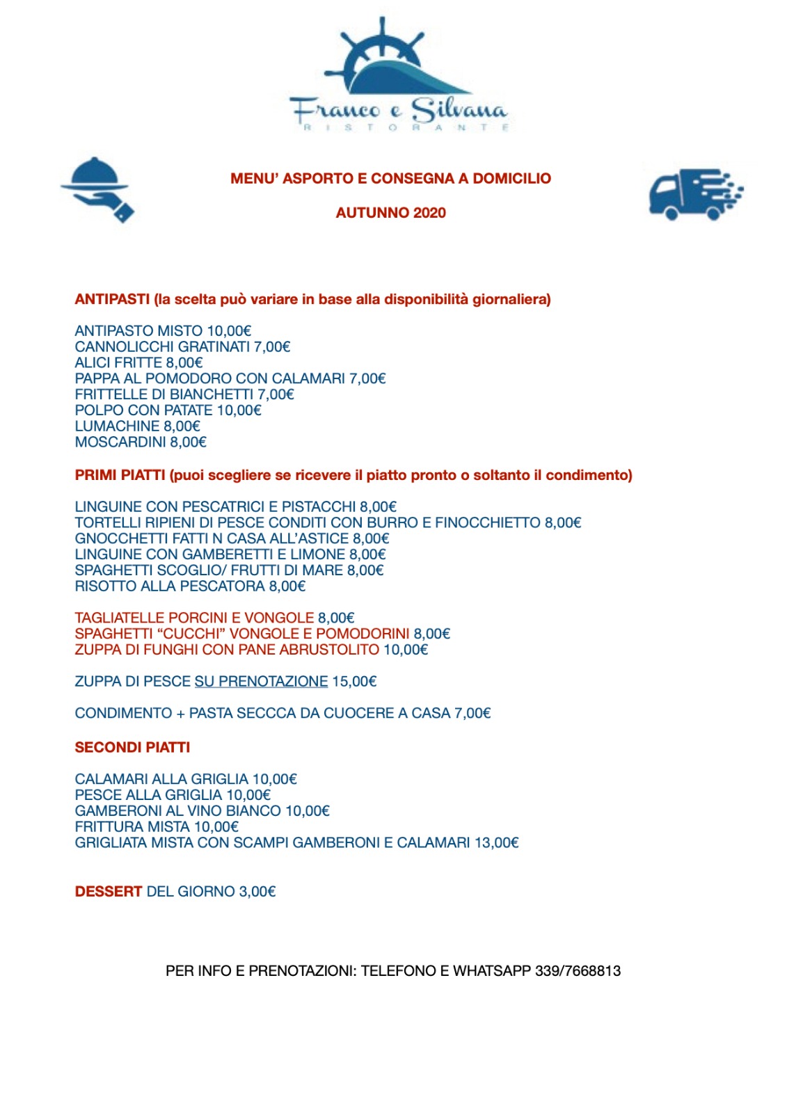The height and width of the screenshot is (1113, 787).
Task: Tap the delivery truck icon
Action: tap(694, 194)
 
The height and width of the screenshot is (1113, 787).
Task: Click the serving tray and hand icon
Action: tap(97, 189)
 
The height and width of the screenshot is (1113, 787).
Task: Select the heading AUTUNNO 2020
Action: tap(390, 213)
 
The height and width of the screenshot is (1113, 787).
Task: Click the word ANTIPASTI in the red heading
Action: tap(112, 299)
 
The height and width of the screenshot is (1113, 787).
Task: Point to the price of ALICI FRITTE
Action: tap(184, 362)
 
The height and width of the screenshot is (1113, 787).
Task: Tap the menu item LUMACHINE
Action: tap(117, 426)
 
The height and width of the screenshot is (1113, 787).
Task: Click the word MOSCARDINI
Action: tap(120, 442)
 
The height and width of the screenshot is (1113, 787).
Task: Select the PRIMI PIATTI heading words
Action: tap(120, 475)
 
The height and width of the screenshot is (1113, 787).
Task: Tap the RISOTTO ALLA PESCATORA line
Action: tap(190, 586)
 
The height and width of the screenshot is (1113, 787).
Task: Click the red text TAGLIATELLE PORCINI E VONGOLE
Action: tap(194, 618)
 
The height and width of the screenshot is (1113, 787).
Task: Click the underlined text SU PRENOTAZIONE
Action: tap(261, 681)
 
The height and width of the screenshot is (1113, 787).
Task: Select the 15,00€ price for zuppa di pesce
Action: tap(354, 681)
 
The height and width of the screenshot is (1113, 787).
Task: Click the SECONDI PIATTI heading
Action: tap(132, 747)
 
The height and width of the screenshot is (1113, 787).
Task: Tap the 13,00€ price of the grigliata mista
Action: tap(497, 842)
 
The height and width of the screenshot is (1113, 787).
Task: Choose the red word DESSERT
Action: tap(109, 891)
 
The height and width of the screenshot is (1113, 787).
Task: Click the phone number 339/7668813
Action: tap(578, 970)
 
